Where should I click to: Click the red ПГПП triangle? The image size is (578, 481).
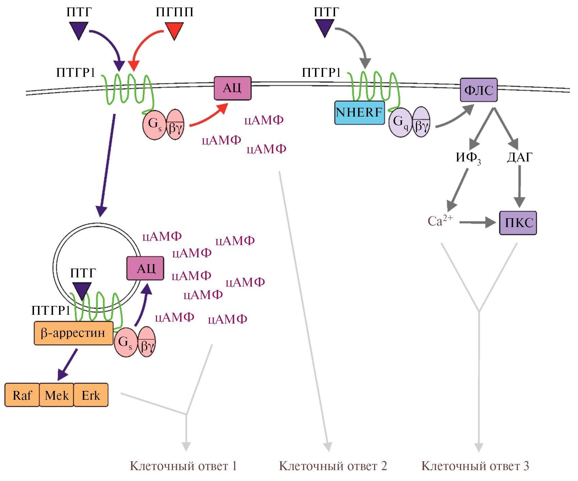click(x=174, y=30)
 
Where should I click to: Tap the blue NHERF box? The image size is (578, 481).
click(x=360, y=113)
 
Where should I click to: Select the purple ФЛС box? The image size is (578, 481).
click(x=478, y=90)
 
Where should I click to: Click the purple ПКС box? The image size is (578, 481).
click(x=518, y=223)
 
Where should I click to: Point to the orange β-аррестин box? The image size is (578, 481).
click(x=73, y=333)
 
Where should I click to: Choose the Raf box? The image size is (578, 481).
click(x=22, y=395)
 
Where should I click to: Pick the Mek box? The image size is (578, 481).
click(x=56, y=395)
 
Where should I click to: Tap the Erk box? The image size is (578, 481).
click(x=91, y=395)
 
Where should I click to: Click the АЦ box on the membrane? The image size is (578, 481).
click(x=232, y=88)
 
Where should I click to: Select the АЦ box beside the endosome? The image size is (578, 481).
click(x=145, y=269)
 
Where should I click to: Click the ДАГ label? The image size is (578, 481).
click(x=520, y=157)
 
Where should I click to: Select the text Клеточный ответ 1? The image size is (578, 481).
click(x=183, y=466)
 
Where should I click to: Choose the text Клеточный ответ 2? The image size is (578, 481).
click(x=333, y=466)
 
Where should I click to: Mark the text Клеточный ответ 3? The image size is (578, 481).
click(x=475, y=466)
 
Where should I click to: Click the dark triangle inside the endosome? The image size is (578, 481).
click(x=82, y=291)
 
